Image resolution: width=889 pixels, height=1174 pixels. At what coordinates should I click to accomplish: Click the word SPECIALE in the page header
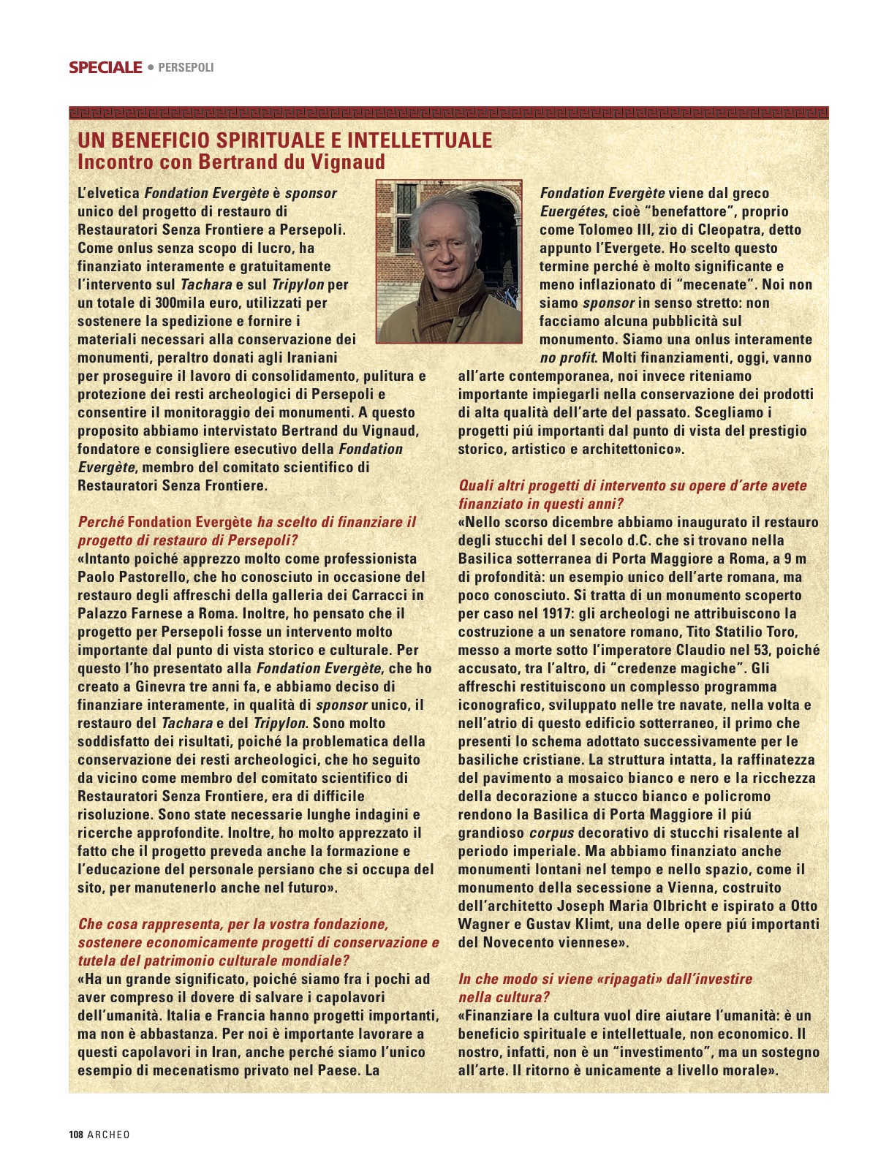point(105,67)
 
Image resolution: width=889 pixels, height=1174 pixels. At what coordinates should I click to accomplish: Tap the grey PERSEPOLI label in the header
point(186,67)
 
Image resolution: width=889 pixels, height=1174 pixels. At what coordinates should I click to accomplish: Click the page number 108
point(76,1135)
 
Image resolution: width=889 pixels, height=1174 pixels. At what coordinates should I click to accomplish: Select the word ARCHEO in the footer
point(108,1135)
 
